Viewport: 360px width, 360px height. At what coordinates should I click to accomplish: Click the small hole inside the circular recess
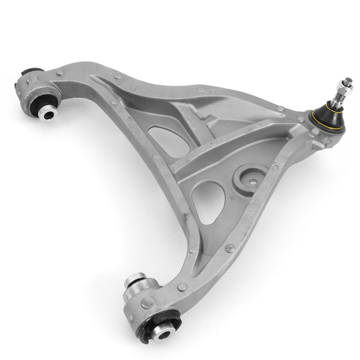(x=252, y=183)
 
